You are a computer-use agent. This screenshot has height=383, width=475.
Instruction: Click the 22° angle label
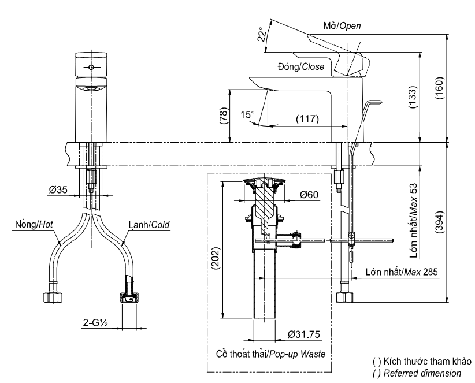[x=264, y=34]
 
